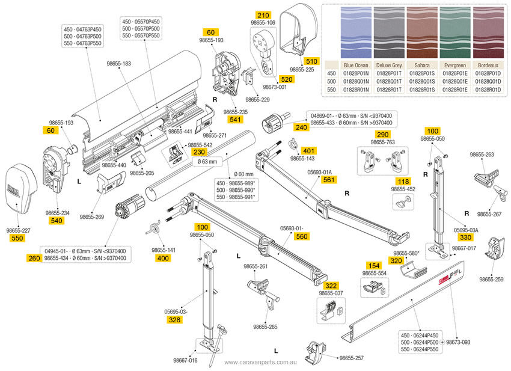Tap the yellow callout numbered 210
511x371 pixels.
(263, 14)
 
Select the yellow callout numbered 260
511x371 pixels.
(34, 258)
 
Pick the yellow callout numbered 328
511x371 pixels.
(175, 320)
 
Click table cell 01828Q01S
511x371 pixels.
(422, 81)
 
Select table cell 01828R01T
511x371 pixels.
(389, 88)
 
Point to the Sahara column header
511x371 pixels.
(422, 64)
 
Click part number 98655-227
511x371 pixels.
(18, 230)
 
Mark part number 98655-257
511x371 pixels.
(351, 358)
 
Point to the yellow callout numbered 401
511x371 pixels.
(308, 150)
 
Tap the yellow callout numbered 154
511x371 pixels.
(373, 265)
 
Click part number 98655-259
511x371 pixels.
(491, 279)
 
